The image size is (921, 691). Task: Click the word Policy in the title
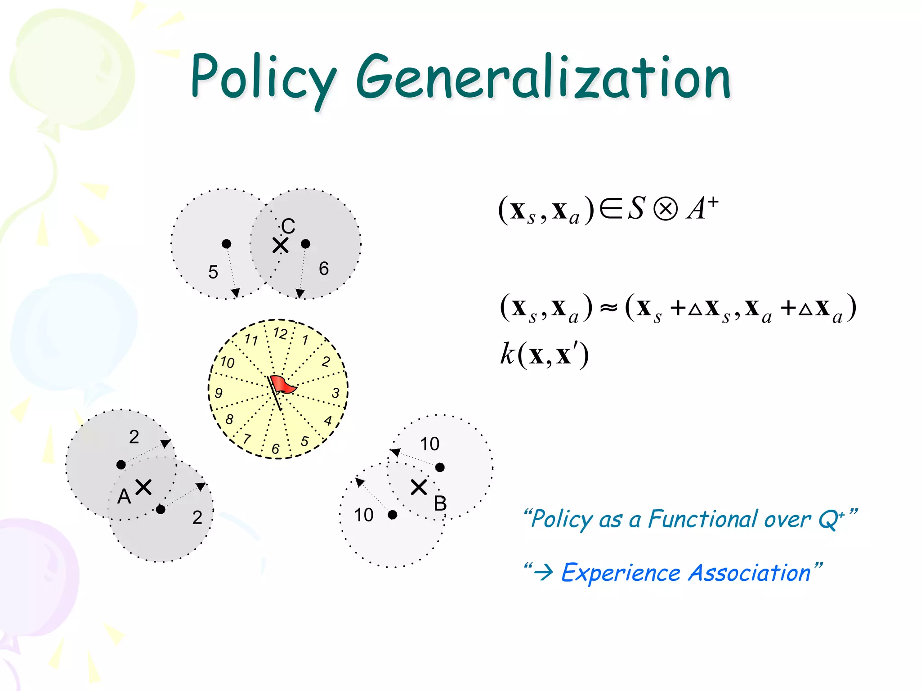click(x=263, y=77)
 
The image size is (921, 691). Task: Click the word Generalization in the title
click(x=543, y=77)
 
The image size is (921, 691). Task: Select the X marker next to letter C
click(x=281, y=246)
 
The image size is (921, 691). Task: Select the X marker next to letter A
click(x=143, y=487)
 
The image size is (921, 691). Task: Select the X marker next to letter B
click(x=419, y=487)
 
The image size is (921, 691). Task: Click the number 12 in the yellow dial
click(x=280, y=333)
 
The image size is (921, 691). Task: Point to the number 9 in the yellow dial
click(x=219, y=393)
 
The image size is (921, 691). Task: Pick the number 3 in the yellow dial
click(x=335, y=393)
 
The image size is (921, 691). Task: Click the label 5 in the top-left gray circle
click(x=213, y=272)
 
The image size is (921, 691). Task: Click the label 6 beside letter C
click(x=324, y=269)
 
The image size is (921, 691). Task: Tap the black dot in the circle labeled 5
click(x=227, y=244)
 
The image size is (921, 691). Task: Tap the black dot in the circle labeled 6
click(x=306, y=244)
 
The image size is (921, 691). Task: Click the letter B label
click(x=440, y=503)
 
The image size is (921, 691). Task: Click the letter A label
click(x=124, y=497)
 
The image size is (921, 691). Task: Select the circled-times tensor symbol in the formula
click(x=665, y=210)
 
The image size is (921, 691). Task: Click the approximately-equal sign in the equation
click(x=609, y=309)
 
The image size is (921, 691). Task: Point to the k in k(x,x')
click(x=507, y=354)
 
